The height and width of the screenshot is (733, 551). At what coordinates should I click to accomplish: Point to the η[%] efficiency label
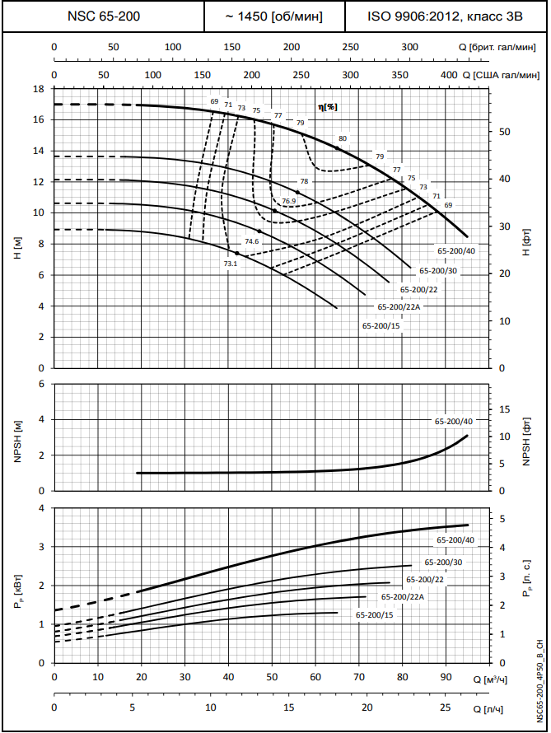pos(328,107)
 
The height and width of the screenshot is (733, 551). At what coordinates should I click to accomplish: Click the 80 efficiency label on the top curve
pos(343,138)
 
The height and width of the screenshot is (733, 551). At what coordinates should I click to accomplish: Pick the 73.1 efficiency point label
pos(230,264)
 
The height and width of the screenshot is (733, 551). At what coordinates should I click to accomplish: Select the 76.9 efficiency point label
pos(288,201)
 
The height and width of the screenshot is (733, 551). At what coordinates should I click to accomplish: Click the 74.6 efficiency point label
pos(252,241)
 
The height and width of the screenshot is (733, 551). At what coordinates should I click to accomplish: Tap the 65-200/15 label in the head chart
pos(381,325)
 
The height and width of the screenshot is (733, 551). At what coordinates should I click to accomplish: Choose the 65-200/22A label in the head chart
pos(399,306)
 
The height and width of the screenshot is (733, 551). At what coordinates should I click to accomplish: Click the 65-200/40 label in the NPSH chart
pos(455,421)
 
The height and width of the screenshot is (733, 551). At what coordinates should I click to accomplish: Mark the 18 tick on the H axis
pos(38,89)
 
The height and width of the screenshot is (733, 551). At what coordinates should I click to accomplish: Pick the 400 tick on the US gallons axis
pos(449,74)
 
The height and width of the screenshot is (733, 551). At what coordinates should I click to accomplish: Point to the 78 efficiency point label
pos(304,181)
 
